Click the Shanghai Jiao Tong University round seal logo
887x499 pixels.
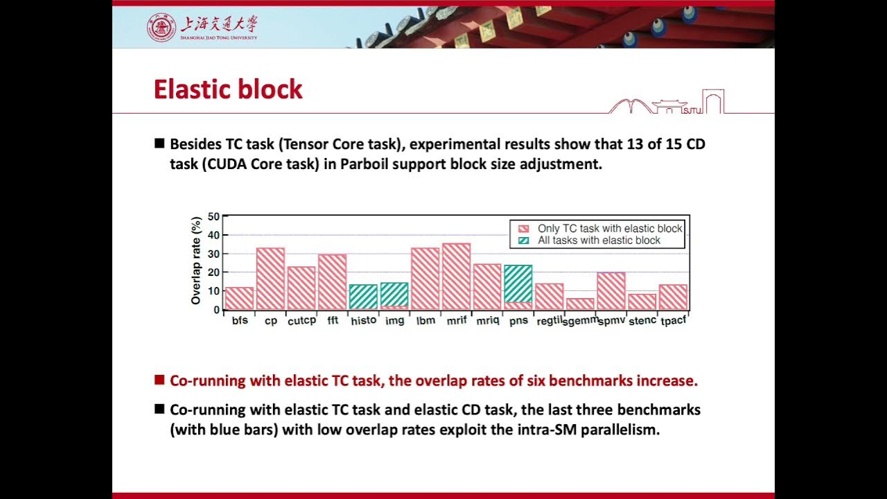coord(161,27)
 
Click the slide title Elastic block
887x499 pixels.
coord(228,89)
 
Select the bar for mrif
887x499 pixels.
coord(456,277)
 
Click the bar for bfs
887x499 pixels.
coord(240,299)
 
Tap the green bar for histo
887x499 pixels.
coord(363,297)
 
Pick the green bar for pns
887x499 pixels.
coord(518,283)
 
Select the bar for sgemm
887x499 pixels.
coord(580,304)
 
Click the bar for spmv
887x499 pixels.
coord(611,291)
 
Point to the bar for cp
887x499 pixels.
coord(270,279)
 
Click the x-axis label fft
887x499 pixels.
coord(333,321)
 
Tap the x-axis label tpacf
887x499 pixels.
coord(673,321)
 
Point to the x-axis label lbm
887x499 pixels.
coord(425,321)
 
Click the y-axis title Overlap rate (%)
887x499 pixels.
coord(196,261)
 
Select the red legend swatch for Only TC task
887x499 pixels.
coord(524,229)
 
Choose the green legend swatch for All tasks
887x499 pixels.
coord(524,240)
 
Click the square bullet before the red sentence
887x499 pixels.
coord(159,380)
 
